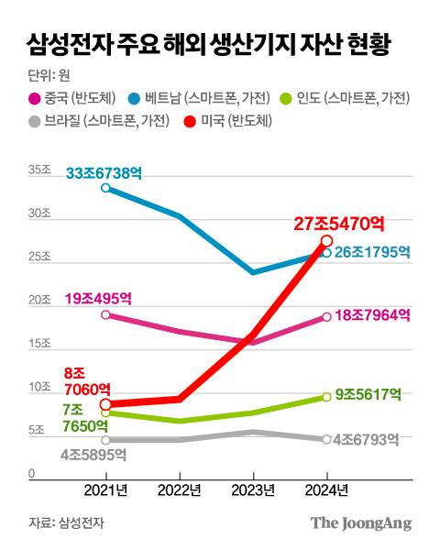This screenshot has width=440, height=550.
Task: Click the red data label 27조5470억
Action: tap(340, 223)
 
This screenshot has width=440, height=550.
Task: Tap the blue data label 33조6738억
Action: tap(104, 171)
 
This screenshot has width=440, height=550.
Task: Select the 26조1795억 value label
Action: tap(372, 252)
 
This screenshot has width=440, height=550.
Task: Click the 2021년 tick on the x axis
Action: tap(106, 491)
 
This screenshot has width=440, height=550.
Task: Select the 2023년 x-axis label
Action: tap(252, 491)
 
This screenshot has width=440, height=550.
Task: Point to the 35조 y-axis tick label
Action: tap(39, 170)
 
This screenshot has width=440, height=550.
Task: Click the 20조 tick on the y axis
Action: tap(39, 301)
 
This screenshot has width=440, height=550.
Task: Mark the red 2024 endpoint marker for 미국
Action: tap(326, 241)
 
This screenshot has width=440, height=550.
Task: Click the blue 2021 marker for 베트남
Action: tap(106, 188)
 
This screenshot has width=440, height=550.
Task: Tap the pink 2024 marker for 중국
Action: tap(326, 317)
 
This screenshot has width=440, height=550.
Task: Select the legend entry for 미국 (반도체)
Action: tap(235, 120)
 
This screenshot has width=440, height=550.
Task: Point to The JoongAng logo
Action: tap(360, 523)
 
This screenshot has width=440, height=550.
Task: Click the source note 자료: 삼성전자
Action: tap(66, 523)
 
